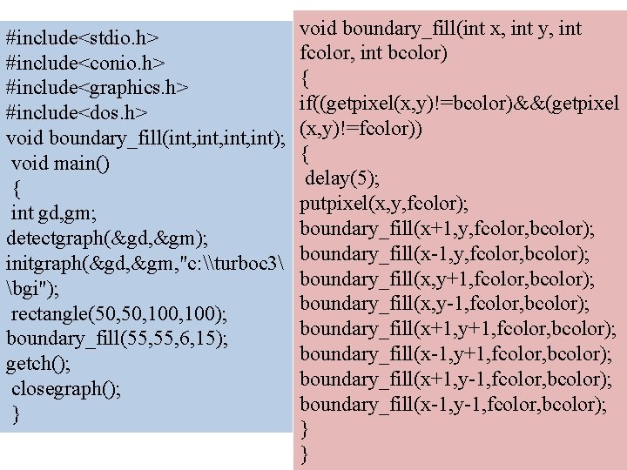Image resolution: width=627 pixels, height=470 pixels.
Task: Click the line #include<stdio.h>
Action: pyautogui.click(x=82, y=38)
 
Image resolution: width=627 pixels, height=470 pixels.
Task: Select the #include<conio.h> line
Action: pyautogui.click(x=86, y=64)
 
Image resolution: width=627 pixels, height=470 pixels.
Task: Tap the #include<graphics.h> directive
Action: pyautogui.click(x=98, y=89)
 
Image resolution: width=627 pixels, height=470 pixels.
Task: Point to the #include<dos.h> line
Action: pyautogui.click(x=76, y=114)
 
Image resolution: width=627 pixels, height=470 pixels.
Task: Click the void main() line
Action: pyautogui.click(x=60, y=164)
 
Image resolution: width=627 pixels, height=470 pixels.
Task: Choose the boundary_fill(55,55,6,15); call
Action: pyautogui.click(x=118, y=339)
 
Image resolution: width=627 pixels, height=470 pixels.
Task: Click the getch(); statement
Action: pyautogui.click(x=39, y=364)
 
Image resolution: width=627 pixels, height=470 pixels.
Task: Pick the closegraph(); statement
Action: pyautogui.click(x=66, y=389)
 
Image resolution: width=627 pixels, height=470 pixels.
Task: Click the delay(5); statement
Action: pyautogui.click(x=341, y=179)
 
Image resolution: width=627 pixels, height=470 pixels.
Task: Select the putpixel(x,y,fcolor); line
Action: pyautogui.click(x=384, y=205)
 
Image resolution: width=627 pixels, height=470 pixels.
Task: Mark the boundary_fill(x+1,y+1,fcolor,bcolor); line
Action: pyautogui.click(x=457, y=330)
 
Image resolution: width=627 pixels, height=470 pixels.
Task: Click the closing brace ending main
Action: pyautogui.click(x=16, y=415)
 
